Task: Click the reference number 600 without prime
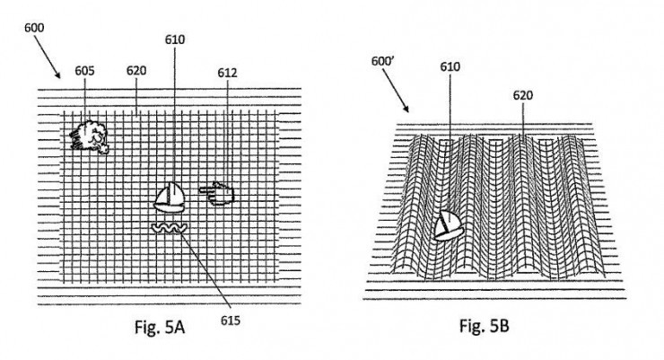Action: [34, 28]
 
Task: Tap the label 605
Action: [84, 71]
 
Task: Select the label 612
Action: [227, 73]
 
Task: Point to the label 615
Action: [231, 320]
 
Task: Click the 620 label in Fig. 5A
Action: [136, 71]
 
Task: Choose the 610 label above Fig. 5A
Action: [175, 40]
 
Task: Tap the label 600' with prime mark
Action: [383, 61]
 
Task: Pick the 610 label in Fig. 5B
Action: [450, 67]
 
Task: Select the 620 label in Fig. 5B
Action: [522, 96]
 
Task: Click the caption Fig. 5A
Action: [160, 327]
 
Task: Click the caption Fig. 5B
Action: [485, 326]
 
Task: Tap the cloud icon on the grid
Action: [90, 136]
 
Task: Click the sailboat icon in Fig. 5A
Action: [170, 198]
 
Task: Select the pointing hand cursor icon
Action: [217, 194]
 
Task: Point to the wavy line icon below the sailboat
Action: [169, 228]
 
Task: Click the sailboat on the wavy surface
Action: [449, 225]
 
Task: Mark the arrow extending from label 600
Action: [47, 57]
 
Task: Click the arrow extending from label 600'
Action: [396, 91]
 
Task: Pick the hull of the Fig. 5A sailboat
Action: [170, 207]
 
